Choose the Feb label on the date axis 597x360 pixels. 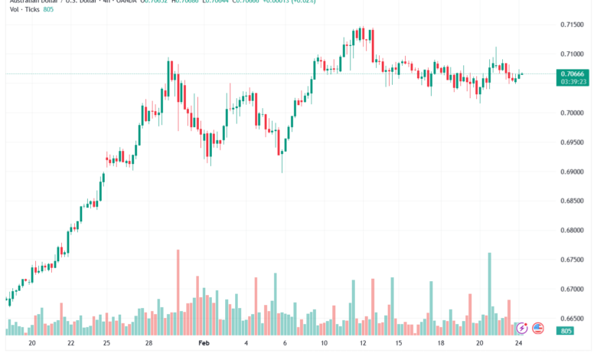click(204, 345)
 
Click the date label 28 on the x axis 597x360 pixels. click(148, 345)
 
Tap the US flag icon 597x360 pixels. click(538, 328)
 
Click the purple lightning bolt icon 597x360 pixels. click(523, 328)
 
